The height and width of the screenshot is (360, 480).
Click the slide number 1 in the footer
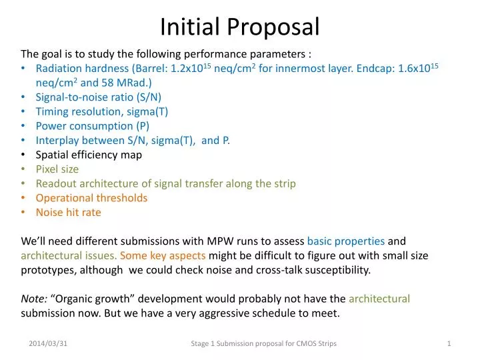click(x=449, y=343)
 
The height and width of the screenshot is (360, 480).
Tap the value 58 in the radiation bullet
click(x=105, y=83)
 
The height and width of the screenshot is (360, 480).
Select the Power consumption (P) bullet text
click(x=93, y=126)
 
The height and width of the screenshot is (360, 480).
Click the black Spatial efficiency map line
click(x=89, y=155)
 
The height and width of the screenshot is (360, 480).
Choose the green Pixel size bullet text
click(x=57, y=169)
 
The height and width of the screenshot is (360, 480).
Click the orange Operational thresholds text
click(x=91, y=198)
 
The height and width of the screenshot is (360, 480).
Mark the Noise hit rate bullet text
click(x=68, y=213)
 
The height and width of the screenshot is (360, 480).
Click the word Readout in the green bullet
click(x=55, y=183)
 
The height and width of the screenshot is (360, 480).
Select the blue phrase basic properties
click(x=345, y=241)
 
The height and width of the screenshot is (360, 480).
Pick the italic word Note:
click(x=33, y=299)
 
